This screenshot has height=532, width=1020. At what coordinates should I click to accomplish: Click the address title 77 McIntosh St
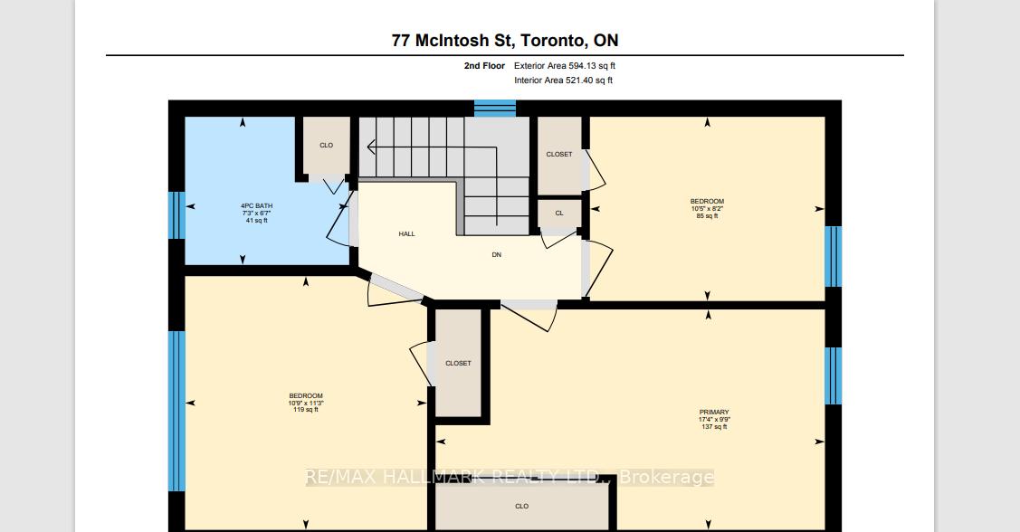(x=505, y=40)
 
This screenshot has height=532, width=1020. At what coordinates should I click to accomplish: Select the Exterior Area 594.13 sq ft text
(x=565, y=66)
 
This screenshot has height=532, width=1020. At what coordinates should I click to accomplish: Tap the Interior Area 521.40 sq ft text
(x=563, y=81)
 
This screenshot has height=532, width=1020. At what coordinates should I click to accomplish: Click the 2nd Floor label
(x=484, y=66)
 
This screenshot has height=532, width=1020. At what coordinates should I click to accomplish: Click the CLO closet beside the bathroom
(x=326, y=146)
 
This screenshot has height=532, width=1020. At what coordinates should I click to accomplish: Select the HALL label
(x=406, y=234)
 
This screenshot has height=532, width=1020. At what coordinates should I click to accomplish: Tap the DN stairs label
(x=496, y=255)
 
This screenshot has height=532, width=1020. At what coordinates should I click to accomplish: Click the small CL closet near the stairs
(x=558, y=214)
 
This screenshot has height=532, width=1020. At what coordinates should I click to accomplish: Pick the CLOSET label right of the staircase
(x=558, y=155)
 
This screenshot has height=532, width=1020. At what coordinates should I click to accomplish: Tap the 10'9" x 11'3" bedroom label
(x=306, y=403)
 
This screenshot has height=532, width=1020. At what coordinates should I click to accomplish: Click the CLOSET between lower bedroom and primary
(x=458, y=364)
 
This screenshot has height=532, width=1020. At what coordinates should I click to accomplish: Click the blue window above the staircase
(x=494, y=109)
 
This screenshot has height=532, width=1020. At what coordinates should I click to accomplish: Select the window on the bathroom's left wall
(x=176, y=214)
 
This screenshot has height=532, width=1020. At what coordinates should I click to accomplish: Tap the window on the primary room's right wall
(x=833, y=375)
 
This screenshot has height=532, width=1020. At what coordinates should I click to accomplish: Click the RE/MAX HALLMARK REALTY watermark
(x=510, y=477)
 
